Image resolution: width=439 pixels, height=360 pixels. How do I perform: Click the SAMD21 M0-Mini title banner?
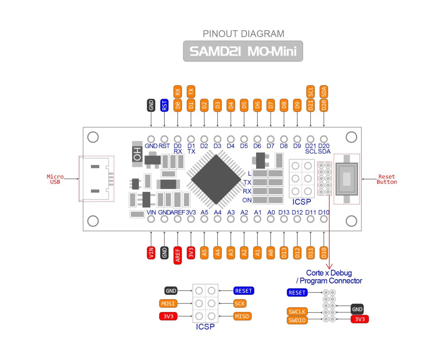click(243, 51)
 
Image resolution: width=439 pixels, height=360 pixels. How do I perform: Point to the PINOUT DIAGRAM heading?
click(243, 34)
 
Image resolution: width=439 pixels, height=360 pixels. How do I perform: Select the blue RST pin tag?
click(164, 105)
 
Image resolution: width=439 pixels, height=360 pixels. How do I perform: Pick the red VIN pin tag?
click(151, 252)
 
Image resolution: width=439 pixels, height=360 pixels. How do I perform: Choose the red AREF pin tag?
click(178, 254)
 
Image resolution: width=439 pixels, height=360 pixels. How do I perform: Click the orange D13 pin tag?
click(284, 252)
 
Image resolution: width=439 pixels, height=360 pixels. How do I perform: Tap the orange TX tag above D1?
click(191, 91)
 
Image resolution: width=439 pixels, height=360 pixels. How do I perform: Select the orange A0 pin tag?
click(271, 252)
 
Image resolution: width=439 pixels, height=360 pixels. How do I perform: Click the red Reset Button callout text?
click(387, 179)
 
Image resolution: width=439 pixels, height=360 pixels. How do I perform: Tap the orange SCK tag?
click(240, 304)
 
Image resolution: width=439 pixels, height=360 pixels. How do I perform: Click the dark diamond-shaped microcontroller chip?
click(217, 179)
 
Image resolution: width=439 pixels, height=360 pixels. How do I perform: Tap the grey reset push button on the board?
click(346, 179)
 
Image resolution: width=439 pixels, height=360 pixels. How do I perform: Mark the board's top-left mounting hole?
click(93, 137)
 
